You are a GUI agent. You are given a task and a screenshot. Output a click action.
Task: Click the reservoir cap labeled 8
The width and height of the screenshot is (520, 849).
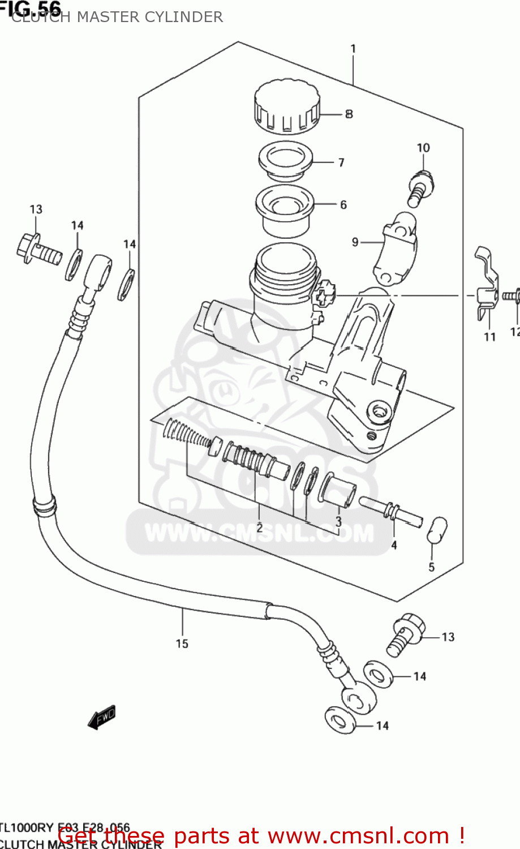[x=287, y=106]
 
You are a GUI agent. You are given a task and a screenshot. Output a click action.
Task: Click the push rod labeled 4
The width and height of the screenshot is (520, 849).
[x=390, y=511]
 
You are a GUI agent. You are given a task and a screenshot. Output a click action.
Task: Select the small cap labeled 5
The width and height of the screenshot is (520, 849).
[x=436, y=530]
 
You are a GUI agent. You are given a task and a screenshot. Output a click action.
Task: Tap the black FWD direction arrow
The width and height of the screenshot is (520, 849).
[x=102, y=717]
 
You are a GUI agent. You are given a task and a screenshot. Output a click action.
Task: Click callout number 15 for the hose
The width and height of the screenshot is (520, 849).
[x=182, y=644]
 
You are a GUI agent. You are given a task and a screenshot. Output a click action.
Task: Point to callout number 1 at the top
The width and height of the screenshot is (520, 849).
[x=353, y=49]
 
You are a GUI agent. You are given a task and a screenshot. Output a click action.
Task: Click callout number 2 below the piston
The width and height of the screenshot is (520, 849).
[x=259, y=528]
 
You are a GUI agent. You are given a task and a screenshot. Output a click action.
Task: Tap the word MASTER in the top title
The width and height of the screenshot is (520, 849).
[x=108, y=17]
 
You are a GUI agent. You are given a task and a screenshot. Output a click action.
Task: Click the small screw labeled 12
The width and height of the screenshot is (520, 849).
[x=512, y=295]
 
